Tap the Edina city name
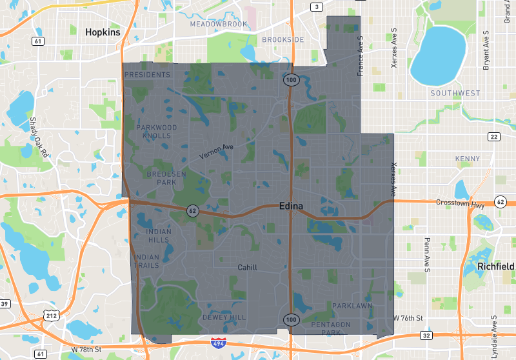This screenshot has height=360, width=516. tap(295, 207)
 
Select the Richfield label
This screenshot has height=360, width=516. tap(495, 266)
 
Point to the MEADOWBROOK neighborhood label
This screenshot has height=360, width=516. tap(219, 24)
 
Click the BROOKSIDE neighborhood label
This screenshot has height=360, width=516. tap(283, 39)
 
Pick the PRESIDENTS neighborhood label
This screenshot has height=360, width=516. tap(147, 75)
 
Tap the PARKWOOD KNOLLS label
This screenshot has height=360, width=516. tap(157, 132)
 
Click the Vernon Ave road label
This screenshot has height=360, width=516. tap(215, 151)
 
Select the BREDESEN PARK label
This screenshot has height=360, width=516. tap(157, 178)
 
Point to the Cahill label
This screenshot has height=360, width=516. tap(247, 267)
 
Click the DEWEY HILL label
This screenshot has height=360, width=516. tap(224, 317)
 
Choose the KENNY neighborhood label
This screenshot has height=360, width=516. tap(467, 159)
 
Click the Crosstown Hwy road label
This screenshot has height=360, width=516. tap(459, 205)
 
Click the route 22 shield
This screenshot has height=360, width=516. tap(494, 136)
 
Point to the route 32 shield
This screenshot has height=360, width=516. tap(426, 335)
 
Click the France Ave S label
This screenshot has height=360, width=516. tap(361, 56)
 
